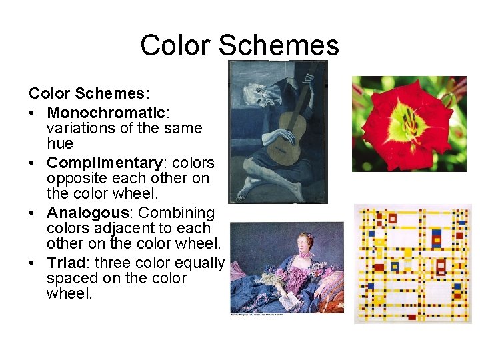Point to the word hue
click(60, 143)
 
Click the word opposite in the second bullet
click(74, 179)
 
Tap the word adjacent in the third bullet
click(135, 229)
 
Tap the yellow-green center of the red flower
click(407, 124)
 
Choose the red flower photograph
click(409, 123)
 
